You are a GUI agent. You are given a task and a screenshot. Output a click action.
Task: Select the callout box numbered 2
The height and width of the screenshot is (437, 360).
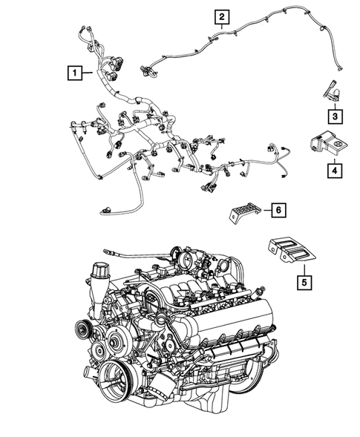click(x=223, y=16)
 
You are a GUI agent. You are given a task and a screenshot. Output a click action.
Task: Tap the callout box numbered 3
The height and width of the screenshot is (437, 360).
click(x=335, y=116)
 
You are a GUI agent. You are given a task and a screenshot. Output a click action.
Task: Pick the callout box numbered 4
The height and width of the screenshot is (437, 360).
click(x=335, y=169)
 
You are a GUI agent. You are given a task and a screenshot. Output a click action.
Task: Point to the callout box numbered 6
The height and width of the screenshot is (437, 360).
click(x=277, y=211)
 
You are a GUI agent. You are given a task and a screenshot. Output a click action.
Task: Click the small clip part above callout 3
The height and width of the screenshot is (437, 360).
click(x=331, y=92)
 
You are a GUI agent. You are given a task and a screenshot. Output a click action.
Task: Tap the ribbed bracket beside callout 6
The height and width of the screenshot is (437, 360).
click(x=242, y=213)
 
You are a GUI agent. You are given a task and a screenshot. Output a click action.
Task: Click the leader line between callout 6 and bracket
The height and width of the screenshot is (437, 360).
click(x=263, y=211)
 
